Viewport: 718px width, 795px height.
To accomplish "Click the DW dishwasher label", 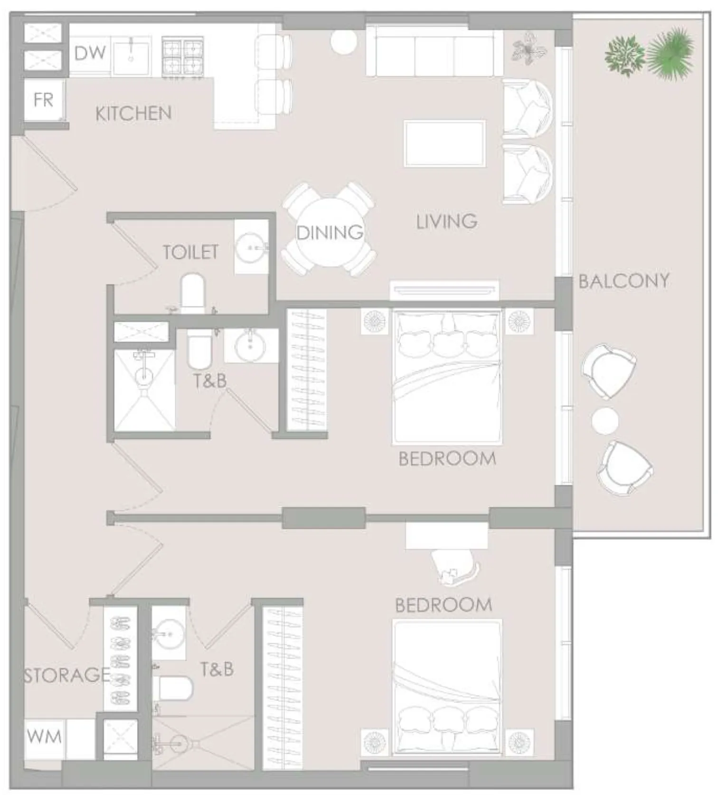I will click(x=90, y=53).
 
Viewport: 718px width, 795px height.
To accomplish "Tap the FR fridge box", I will click(x=44, y=100).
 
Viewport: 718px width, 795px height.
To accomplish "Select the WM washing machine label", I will click(x=44, y=737).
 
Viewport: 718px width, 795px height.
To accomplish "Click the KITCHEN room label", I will click(x=133, y=114).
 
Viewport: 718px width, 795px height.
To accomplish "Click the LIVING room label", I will click(x=446, y=221).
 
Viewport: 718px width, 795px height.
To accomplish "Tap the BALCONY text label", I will click(x=624, y=281).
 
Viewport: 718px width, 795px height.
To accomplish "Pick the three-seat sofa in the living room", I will click(x=434, y=53).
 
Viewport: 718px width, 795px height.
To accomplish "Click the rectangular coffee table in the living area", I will click(x=444, y=144).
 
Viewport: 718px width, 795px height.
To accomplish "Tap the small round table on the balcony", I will click(x=605, y=421).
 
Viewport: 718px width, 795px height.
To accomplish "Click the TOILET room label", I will click(x=190, y=252).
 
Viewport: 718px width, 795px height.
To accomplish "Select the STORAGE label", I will click(x=66, y=675).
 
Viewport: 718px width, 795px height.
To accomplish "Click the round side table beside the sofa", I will click(x=343, y=42).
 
